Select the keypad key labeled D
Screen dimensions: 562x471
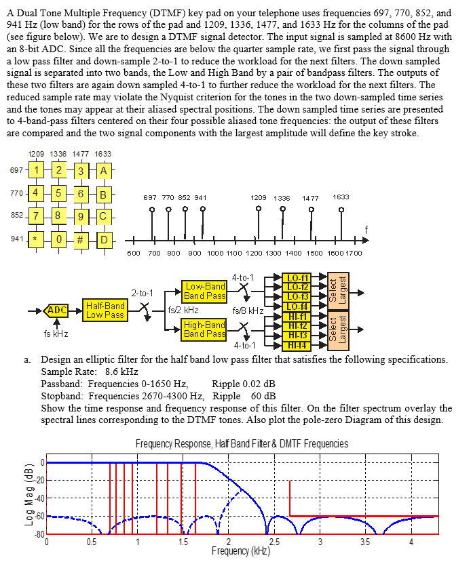104,240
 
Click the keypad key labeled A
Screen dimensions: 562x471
104,170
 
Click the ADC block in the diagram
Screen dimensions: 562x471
56,310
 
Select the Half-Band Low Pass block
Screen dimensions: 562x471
105,310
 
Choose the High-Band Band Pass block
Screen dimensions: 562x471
204,329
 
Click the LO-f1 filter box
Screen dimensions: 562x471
298,278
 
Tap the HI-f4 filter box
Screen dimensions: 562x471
298,345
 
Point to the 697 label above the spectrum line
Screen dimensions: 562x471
152,197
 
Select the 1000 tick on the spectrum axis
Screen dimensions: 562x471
214,253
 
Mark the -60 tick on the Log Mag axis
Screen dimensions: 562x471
39,517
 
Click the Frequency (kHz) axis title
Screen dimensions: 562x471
241,551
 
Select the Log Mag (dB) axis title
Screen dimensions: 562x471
29,498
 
